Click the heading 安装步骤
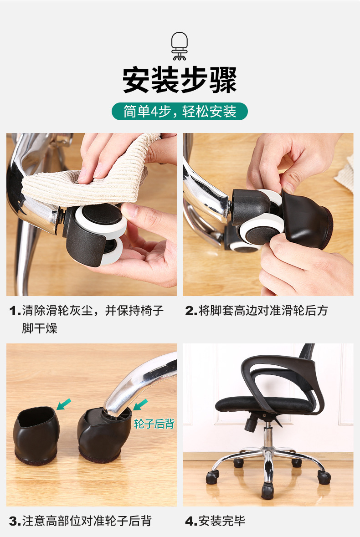[x=180, y=80]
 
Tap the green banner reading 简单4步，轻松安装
[x=180, y=111]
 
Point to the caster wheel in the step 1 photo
[x=94, y=235]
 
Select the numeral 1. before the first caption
[x=15, y=311]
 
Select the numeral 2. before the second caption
[x=191, y=311]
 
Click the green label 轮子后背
[x=154, y=424]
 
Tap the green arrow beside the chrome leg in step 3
[x=140, y=404]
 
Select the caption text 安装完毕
[x=222, y=521]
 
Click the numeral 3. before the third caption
[x=15, y=522]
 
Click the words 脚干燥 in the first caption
[x=39, y=328]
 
